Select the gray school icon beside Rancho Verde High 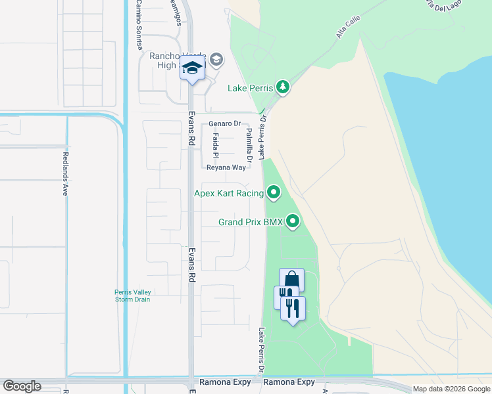[216, 61]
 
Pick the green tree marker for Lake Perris [283, 87]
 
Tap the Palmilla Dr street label [249, 144]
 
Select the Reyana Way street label [226, 167]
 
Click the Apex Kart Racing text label [228, 193]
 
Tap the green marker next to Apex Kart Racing [274, 192]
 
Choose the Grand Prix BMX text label [251, 223]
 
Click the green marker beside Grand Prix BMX [293, 222]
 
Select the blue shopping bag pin [291, 281]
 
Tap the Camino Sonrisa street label [139, 19]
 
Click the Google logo [22, 386]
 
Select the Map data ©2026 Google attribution [451, 389]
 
